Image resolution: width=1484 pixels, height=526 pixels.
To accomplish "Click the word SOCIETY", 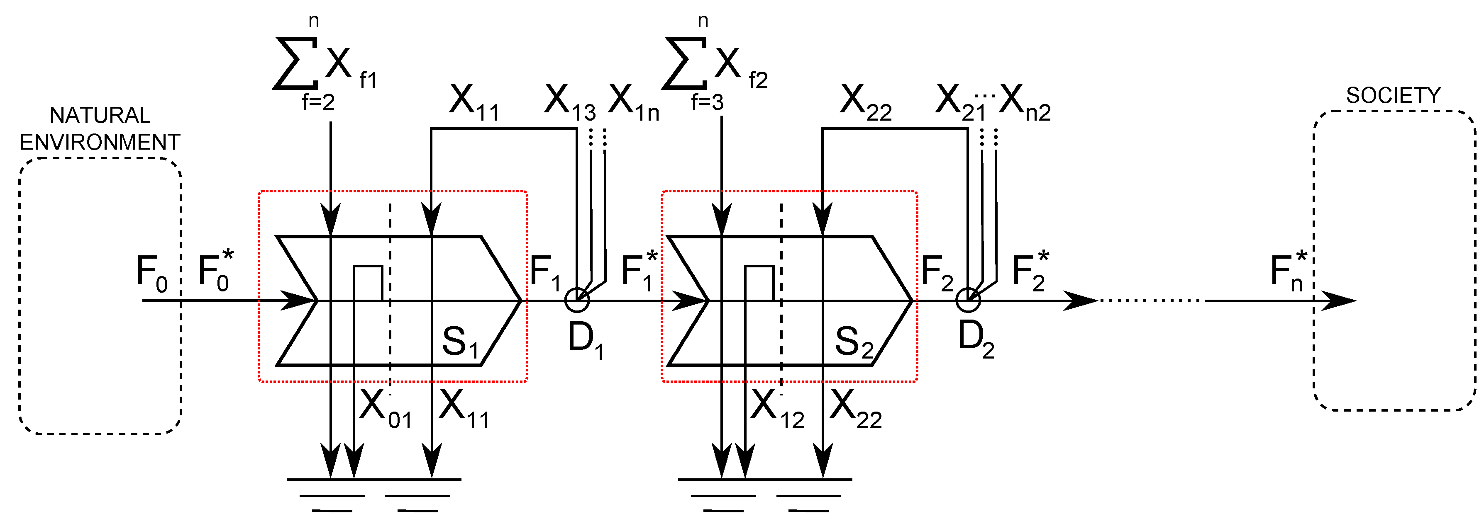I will click(x=1393, y=95).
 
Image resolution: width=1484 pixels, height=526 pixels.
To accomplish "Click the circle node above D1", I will click(x=577, y=300).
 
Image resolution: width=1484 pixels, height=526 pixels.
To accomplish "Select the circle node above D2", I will click(x=968, y=300).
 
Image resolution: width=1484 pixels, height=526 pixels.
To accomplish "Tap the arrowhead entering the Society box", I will click(x=1340, y=301).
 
